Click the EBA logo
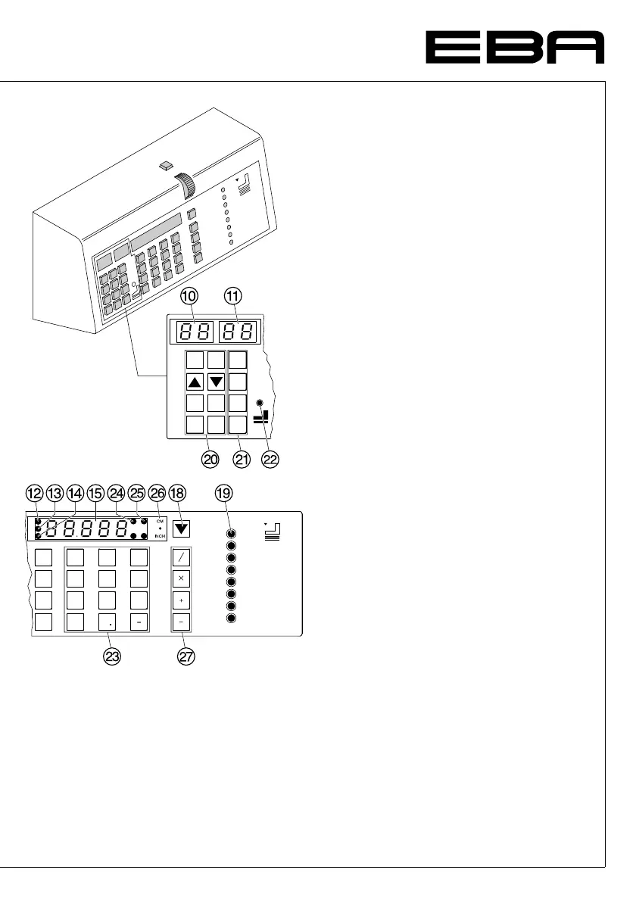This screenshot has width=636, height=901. [514, 48]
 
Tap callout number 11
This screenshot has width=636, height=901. [235, 299]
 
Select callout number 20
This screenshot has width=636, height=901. [210, 459]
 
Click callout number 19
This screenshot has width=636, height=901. [222, 493]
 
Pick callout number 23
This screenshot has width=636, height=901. [112, 657]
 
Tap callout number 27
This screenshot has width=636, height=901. [186, 657]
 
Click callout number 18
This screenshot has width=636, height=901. [178, 493]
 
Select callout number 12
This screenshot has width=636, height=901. [33, 493]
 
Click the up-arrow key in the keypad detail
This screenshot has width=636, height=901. [195, 380]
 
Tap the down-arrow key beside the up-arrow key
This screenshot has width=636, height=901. [217, 380]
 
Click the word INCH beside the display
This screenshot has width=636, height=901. [160, 536]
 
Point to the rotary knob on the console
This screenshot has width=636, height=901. [184, 185]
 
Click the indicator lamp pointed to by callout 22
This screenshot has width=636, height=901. [260, 403]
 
